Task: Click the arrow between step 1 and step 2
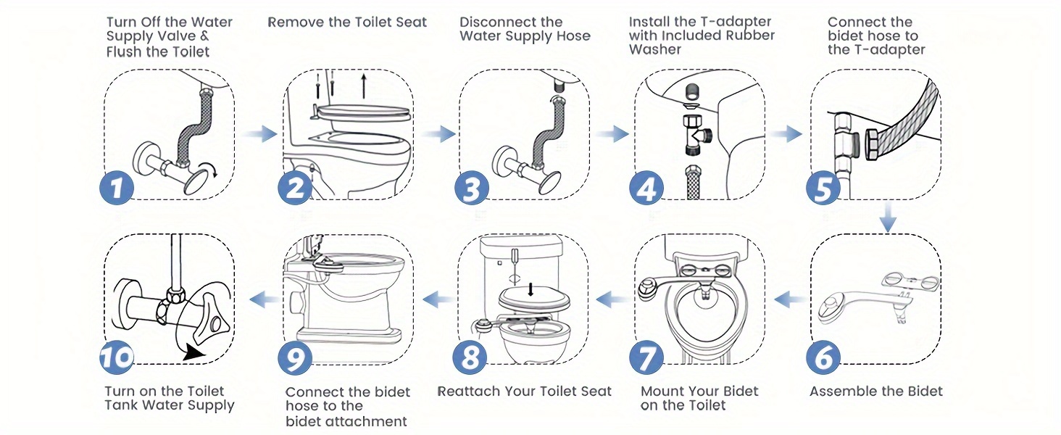pos(260,134)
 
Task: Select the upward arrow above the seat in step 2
pos(363,84)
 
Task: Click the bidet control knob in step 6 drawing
pos(828,309)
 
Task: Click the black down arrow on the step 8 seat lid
pos(531,289)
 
